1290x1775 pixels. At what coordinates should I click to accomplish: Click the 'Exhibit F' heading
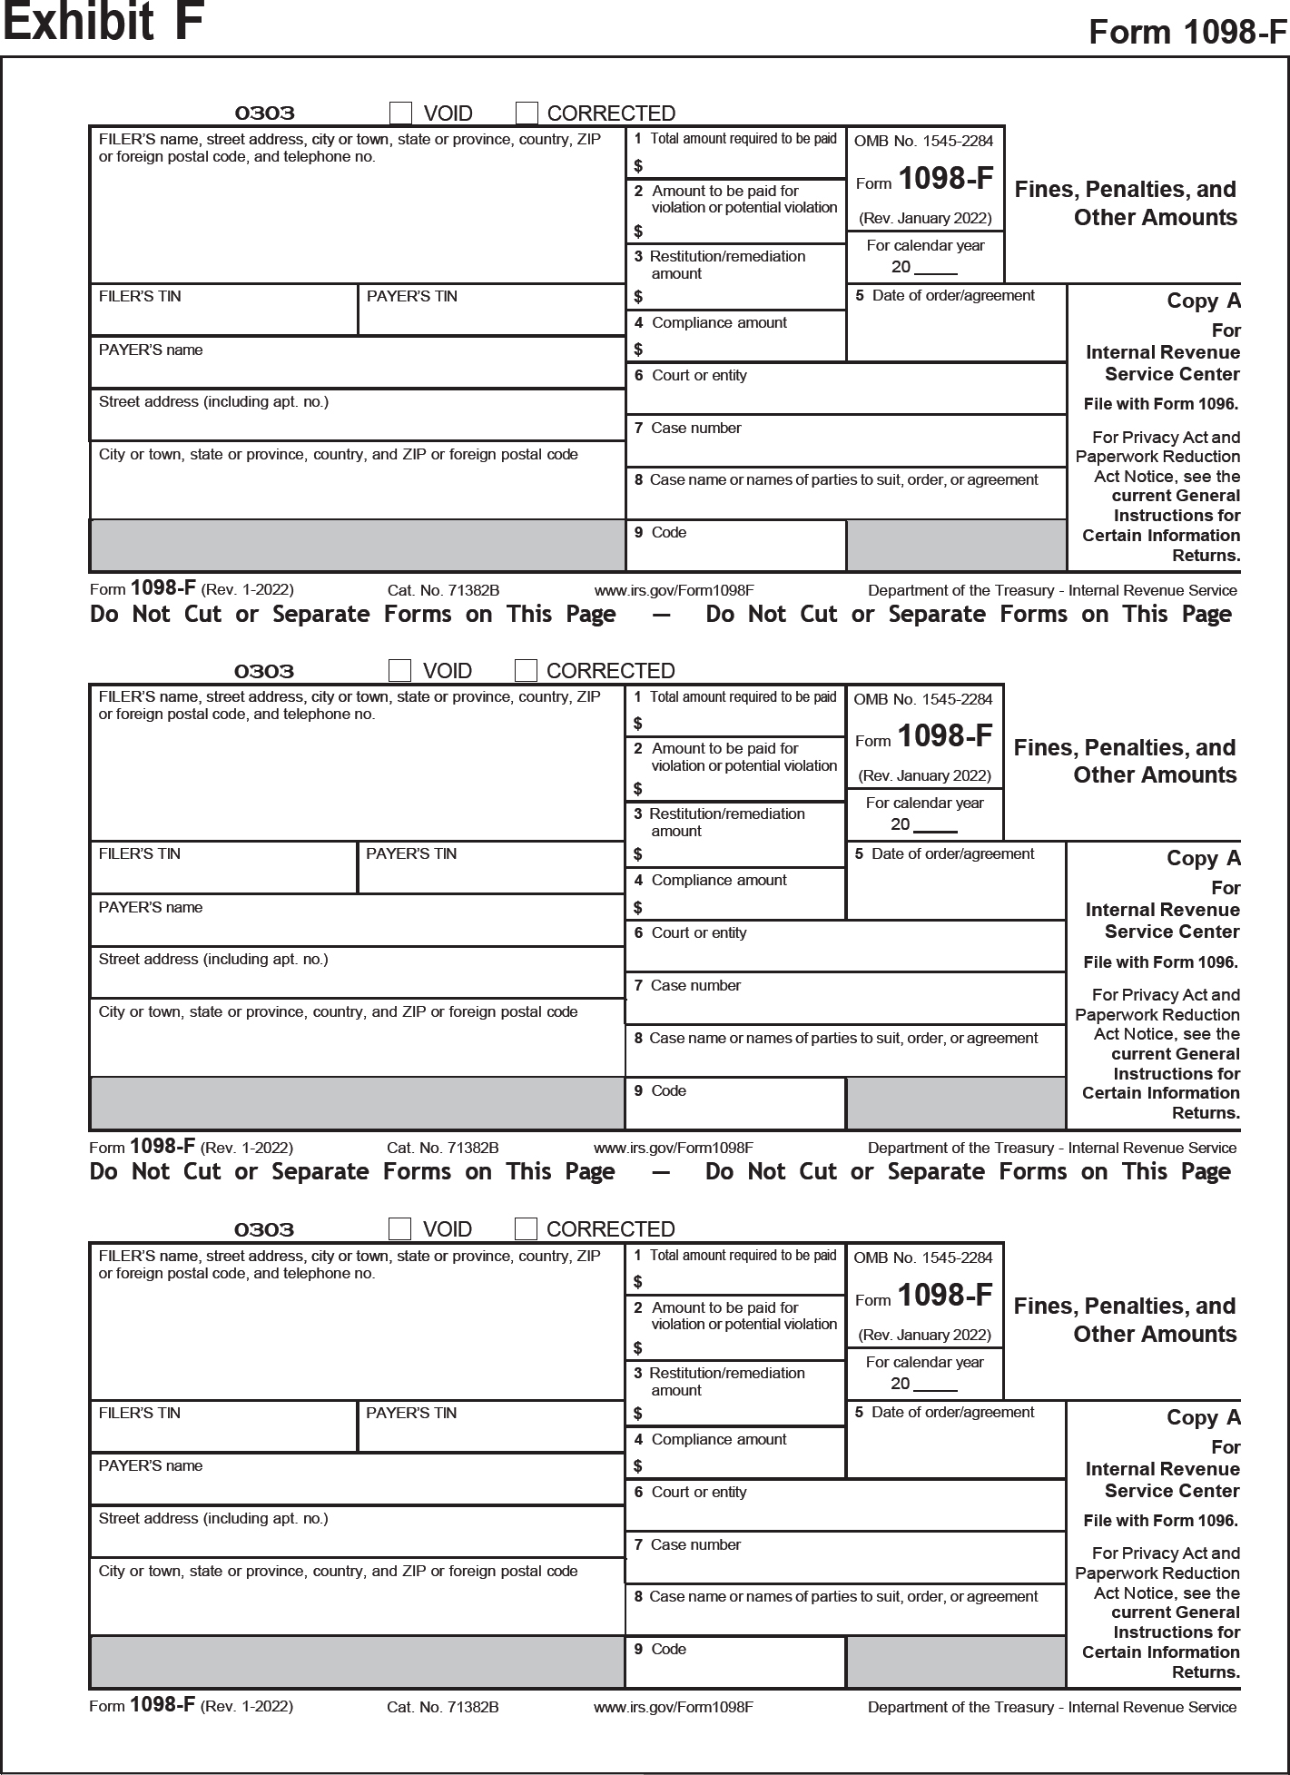click(x=103, y=23)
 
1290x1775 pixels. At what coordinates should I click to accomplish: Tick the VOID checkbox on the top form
click(x=400, y=113)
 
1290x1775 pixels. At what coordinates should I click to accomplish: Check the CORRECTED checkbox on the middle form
click(x=526, y=670)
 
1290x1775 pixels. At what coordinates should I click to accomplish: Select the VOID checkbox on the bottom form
click(x=399, y=1228)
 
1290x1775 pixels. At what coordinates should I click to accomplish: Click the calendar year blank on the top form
click(x=936, y=267)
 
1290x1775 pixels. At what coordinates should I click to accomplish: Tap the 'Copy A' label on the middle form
click(x=1203, y=858)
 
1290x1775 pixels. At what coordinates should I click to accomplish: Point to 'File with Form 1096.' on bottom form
click(x=1160, y=1520)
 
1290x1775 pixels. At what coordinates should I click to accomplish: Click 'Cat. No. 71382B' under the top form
click(x=443, y=590)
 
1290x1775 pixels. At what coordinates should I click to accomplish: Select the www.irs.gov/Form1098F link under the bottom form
click(x=673, y=1707)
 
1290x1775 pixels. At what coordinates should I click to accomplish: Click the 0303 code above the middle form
click(x=264, y=671)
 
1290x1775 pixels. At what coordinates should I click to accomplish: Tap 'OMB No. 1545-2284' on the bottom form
click(x=923, y=1257)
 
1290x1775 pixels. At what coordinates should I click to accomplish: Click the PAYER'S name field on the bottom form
click(x=357, y=1479)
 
